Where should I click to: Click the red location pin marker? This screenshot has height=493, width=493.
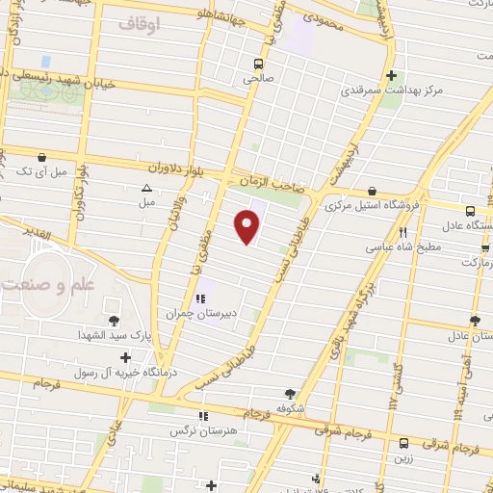[248, 226]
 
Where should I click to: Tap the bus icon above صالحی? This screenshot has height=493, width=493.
[257, 64]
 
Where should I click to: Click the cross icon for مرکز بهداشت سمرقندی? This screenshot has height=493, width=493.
[390, 75]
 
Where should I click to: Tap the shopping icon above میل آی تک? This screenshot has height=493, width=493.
[40, 156]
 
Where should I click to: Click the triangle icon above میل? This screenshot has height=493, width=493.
[146, 188]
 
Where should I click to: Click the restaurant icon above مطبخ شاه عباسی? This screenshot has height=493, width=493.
[403, 232]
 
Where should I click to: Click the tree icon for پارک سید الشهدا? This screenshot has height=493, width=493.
[115, 320]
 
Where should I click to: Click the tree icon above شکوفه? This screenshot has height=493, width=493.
[290, 393]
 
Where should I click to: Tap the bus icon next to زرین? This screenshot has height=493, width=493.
[403, 445]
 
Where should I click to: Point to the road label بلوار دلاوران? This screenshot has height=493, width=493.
[193, 170]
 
